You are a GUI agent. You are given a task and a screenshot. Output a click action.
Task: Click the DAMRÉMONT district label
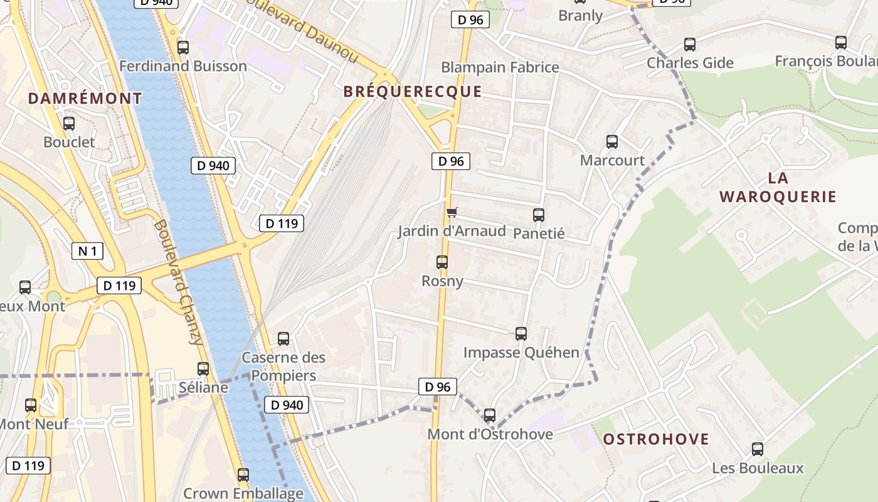[x=85, y=99]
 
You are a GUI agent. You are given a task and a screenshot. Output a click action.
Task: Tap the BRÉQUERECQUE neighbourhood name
[x=413, y=92]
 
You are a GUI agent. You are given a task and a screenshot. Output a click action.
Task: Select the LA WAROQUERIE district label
[x=778, y=187]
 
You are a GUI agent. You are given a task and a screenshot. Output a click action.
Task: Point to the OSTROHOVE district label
[x=656, y=439]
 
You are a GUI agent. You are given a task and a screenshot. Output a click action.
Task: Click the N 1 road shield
[x=87, y=252]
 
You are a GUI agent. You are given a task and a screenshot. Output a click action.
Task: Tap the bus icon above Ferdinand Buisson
[x=183, y=47]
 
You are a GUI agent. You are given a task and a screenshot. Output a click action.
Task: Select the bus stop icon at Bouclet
[x=69, y=124]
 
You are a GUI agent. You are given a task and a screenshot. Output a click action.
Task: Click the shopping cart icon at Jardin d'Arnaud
[x=452, y=213]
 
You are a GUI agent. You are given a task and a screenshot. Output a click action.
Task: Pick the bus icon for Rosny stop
[x=442, y=262]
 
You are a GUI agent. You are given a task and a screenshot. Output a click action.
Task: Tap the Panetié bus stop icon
[x=539, y=215]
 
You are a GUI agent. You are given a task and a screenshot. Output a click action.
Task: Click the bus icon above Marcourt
[x=612, y=142]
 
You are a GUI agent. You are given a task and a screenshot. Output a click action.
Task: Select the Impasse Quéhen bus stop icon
[x=521, y=334]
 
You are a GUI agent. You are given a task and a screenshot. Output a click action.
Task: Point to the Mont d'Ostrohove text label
[x=490, y=434]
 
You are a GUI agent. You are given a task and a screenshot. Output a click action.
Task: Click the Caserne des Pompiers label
[x=283, y=366]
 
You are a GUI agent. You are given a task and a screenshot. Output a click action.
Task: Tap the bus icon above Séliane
[x=203, y=369]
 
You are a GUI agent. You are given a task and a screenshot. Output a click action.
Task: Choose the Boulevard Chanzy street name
[x=179, y=282]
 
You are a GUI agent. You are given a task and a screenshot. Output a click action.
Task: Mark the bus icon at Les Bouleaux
[x=758, y=449]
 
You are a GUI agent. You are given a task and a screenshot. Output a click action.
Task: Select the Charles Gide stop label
[x=690, y=63]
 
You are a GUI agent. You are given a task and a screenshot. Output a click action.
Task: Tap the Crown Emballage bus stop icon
[x=243, y=475]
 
